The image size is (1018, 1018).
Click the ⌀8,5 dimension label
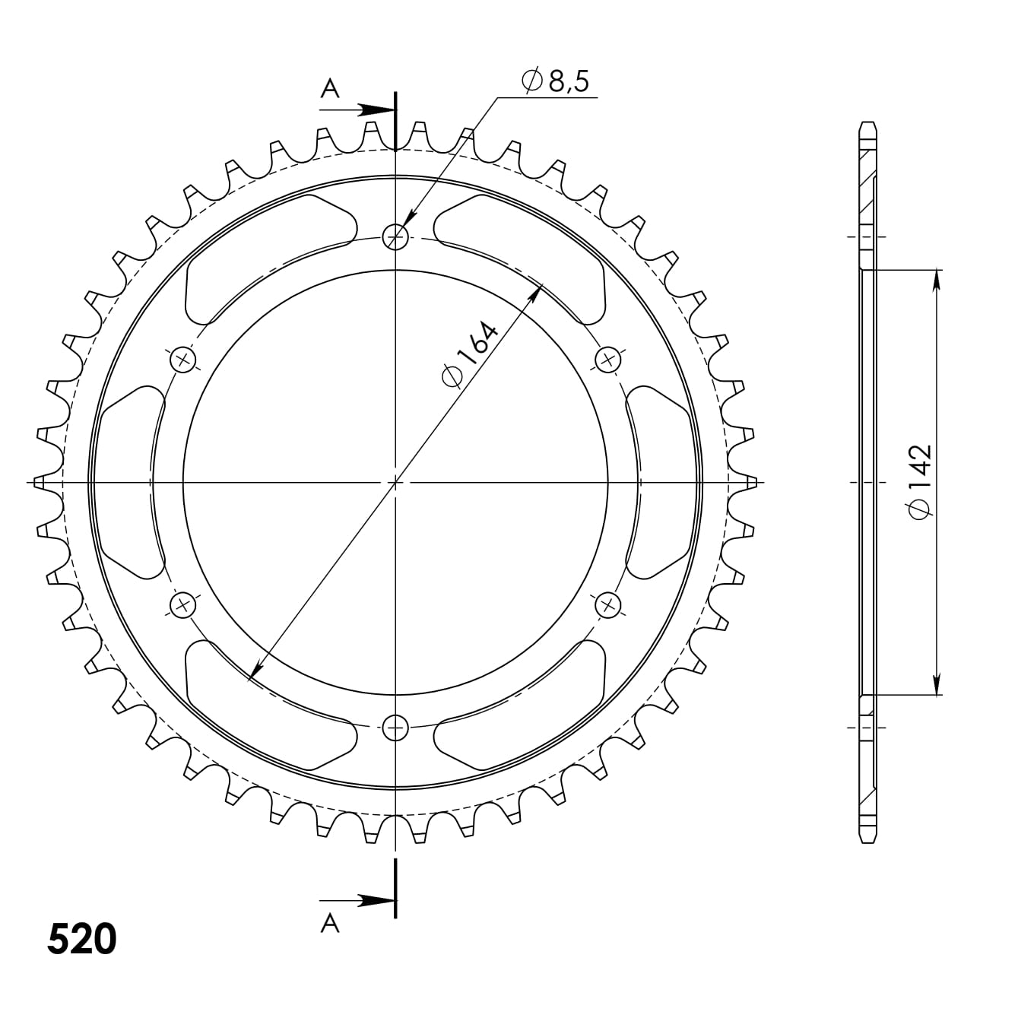coord(556,81)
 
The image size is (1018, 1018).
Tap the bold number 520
coord(82,940)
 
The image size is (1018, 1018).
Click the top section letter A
coord(329,90)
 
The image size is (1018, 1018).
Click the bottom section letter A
coord(329,923)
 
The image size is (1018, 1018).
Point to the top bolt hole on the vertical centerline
coord(395,237)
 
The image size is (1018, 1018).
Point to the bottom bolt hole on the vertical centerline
coord(395,728)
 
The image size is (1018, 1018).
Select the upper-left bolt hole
coord(182,360)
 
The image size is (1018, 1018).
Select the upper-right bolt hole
coord(607,360)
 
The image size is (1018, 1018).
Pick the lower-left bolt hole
coord(182,605)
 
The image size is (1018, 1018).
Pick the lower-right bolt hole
coord(607,605)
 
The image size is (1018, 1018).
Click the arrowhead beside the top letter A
coord(377,110)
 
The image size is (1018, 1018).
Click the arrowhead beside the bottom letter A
coord(377,900)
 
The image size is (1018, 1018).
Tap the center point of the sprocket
coord(395,482)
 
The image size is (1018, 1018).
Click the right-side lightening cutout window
coord(660,482)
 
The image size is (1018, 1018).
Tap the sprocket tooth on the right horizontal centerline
coord(750,482)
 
